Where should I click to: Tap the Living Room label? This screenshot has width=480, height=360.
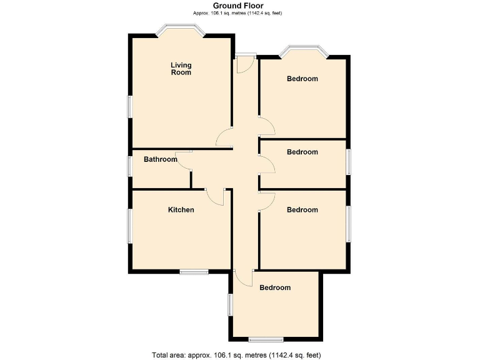tap(181, 69)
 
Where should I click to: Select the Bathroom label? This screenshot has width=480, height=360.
tap(161, 159)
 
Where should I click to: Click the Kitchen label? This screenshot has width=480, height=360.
tap(181, 210)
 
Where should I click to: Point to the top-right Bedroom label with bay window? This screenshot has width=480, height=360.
tap(302, 79)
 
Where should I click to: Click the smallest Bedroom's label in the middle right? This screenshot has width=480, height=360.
tap(302, 152)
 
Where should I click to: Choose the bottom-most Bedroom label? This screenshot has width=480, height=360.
tap(275, 287)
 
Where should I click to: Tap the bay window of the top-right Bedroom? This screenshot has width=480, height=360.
tap(304, 49)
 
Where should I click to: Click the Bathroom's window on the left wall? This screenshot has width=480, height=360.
tap(130, 166)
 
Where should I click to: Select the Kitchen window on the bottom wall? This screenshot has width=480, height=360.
tap(194, 271)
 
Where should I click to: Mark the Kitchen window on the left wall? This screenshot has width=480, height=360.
tap(130, 226)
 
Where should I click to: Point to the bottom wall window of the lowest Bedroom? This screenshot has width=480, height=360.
tap(265, 339)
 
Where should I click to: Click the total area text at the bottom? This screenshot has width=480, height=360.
tap(236, 355)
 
